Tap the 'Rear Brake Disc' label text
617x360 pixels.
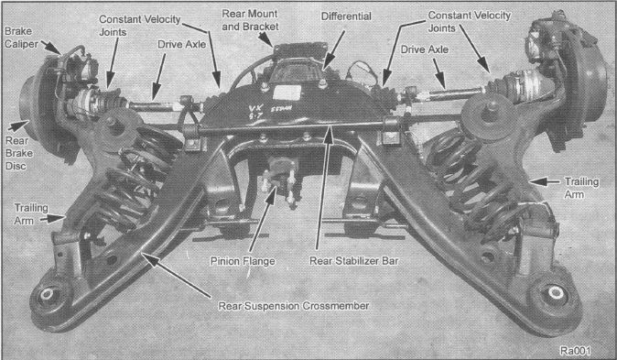click(19, 152)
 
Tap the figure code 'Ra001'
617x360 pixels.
click(582, 349)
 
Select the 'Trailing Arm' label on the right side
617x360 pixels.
click(579, 188)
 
